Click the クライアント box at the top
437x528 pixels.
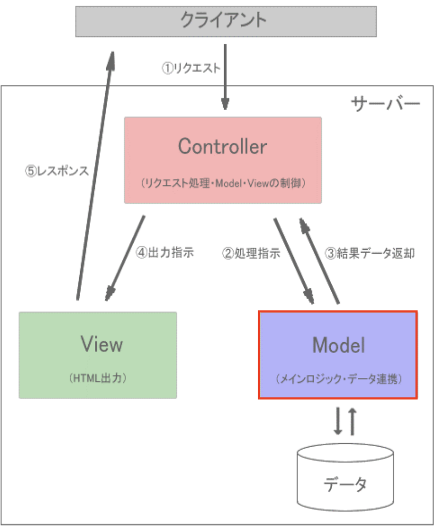225,21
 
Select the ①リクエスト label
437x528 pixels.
191,68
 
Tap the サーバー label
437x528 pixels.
385,104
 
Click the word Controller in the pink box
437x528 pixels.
222,146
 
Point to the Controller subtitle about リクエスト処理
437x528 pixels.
223,183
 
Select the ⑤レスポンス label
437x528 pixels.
57,171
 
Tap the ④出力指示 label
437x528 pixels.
165,253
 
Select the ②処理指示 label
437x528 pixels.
251,254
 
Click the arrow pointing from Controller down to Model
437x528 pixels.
294,261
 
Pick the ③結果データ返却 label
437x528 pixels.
370,254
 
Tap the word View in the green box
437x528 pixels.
102,344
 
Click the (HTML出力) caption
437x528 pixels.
98,378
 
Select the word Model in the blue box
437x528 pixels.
338,345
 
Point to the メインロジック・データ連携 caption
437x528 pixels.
338,379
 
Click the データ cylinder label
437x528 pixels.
345,483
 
